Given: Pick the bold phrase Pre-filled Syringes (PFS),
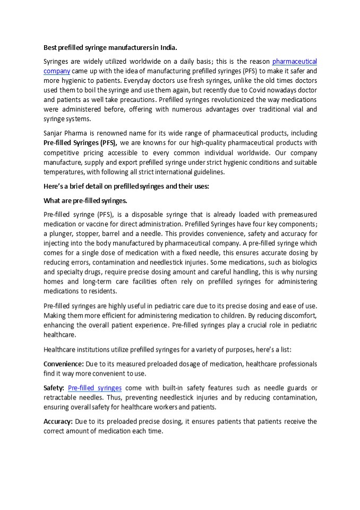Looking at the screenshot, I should (x=81, y=142).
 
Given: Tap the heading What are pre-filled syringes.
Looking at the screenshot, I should (x=85, y=200).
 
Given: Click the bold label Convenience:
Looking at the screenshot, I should (x=64, y=363).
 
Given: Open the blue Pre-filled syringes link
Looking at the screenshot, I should (x=95, y=388).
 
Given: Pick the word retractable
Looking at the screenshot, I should (x=62, y=397).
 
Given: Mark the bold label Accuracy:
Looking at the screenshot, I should (x=58, y=421).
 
